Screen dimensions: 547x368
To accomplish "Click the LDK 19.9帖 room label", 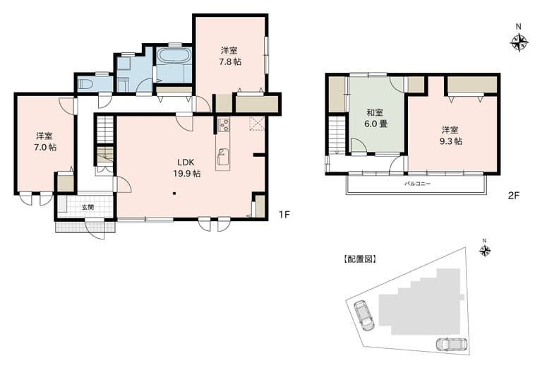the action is (x=186, y=168).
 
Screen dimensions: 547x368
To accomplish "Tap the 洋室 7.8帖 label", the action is (x=230, y=57).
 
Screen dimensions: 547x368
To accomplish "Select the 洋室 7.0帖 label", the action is (x=45, y=142).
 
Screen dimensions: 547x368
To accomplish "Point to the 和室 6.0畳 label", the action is (x=375, y=119).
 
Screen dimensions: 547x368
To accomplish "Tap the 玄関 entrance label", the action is (x=88, y=207).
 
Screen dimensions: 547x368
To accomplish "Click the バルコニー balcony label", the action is (x=417, y=184).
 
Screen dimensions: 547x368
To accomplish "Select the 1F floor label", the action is (x=284, y=214).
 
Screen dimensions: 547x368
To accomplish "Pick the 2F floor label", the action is (x=514, y=196).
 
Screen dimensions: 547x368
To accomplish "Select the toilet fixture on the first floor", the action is (x=84, y=85).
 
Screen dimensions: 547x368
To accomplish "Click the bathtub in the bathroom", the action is (x=174, y=56).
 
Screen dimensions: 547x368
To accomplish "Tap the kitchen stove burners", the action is (x=224, y=125).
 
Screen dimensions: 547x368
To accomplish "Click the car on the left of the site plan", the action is (x=363, y=315).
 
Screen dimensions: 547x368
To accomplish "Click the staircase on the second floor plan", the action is (x=337, y=136).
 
